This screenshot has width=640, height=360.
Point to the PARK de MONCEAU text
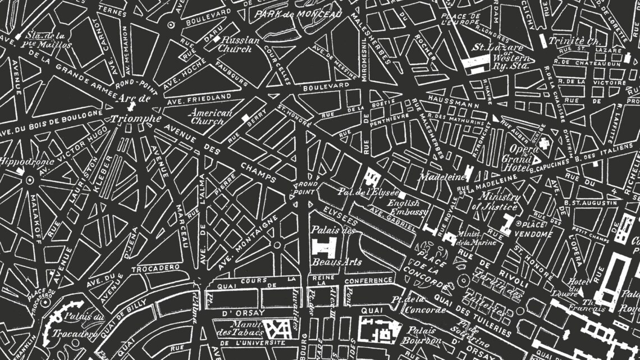(298, 14)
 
